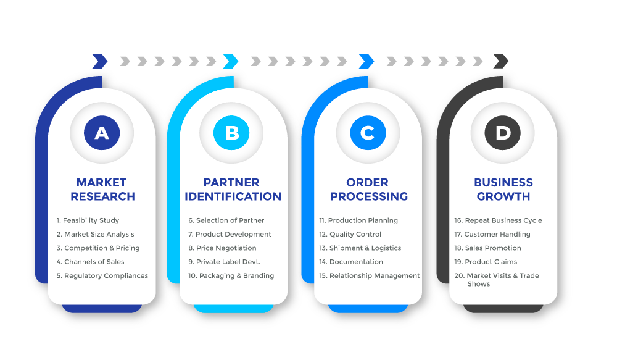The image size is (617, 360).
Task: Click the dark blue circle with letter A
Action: pos(102,133)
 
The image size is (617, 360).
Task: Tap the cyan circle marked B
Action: pos(231,133)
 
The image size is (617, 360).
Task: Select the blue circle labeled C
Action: pos(368,133)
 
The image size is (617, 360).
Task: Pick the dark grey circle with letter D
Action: pos(502,133)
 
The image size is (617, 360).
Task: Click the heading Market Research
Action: pos(102,190)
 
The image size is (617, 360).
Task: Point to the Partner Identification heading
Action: pos(233,190)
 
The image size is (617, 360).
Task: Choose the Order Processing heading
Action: pos(369,190)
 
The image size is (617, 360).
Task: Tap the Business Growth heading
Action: pos(503,190)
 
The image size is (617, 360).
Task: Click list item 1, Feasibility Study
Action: pos(88,220)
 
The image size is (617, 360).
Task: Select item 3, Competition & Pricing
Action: pos(98,248)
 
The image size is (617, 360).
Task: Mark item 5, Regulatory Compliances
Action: pos(102,275)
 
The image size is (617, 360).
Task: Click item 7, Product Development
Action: pos(230,235)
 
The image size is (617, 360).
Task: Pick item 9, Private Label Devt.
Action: pos(225,262)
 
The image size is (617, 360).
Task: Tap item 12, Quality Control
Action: pos(350,235)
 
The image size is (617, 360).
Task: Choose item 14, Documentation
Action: pos(351,262)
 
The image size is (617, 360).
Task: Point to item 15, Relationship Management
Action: pos(370,275)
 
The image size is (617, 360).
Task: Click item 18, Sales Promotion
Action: pos(487,248)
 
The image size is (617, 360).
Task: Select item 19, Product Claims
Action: pos(486,262)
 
